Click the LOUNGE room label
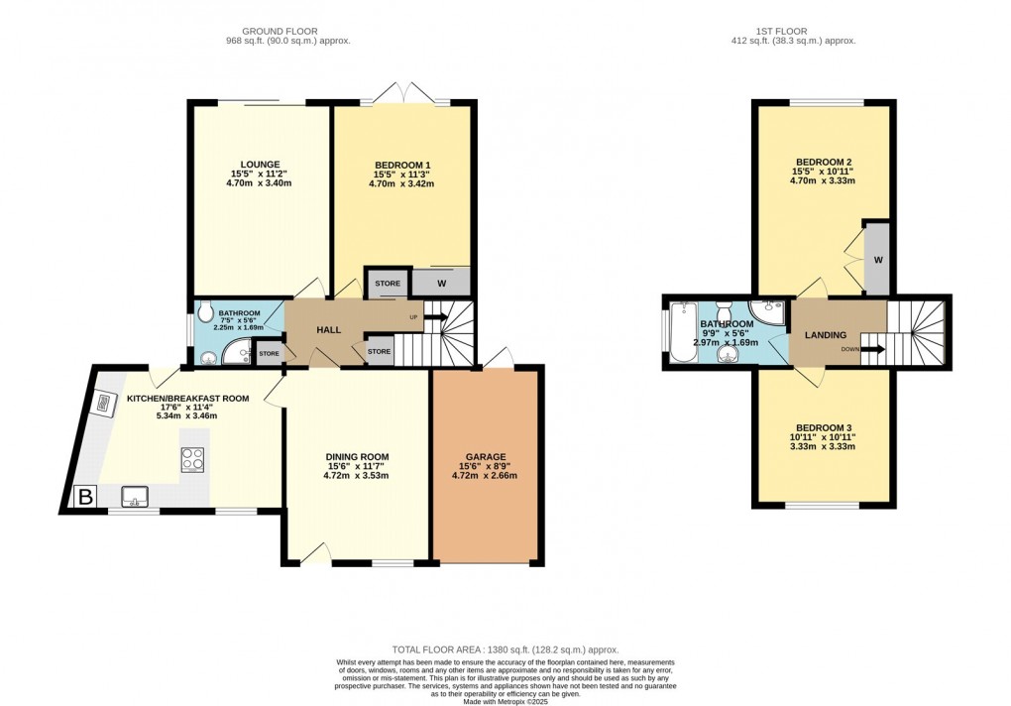click(260, 165)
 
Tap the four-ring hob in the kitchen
click(192, 459)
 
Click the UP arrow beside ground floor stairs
click(433, 317)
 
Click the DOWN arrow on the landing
click(872, 348)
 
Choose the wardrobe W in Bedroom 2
click(877, 260)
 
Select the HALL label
click(329, 329)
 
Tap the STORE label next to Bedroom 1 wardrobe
click(388, 284)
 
